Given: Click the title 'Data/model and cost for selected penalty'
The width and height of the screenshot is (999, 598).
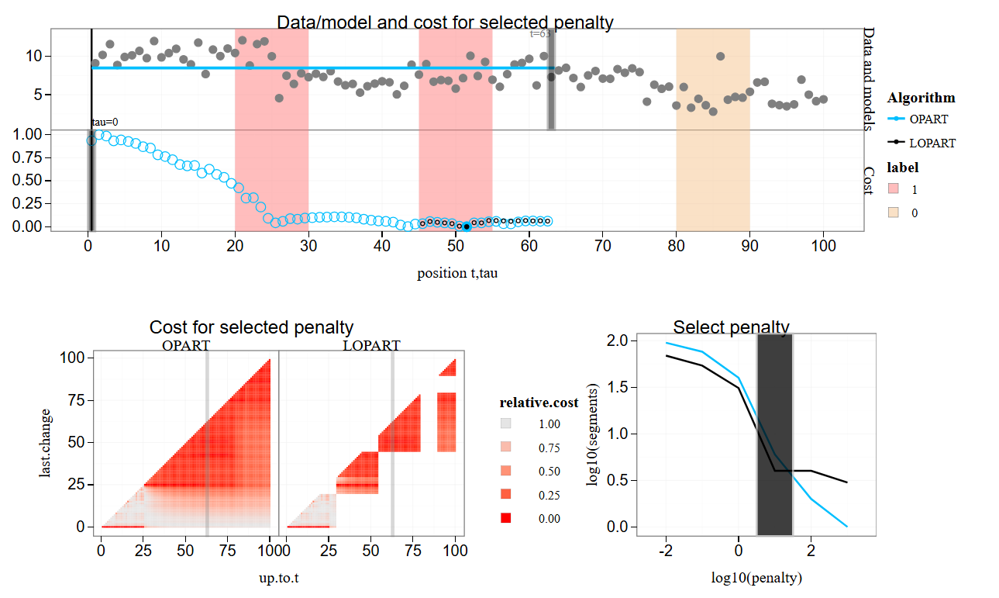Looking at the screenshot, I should pyautogui.click(x=445, y=22).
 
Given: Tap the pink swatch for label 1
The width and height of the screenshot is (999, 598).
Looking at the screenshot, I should pyautogui.click(x=893, y=189).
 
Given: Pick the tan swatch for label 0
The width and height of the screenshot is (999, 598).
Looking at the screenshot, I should pyautogui.click(x=893, y=213).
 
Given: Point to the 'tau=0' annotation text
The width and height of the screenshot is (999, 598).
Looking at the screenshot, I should pyautogui.click(x=105, y=122).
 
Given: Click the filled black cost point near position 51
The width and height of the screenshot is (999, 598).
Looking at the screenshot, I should pyautogui.click(x=467, y=226).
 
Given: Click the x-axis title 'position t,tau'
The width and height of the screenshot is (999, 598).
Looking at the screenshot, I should pyautogui.click(x=457, y=273).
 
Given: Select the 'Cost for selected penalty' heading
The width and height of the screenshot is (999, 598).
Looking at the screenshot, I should pyautogui.click(x=251, y=327).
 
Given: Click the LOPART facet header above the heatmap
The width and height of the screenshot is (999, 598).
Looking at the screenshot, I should pyautogui.click(x=371, y=345).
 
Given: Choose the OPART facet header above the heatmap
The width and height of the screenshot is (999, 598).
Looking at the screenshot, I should pyautogui.click(x=186, y=345).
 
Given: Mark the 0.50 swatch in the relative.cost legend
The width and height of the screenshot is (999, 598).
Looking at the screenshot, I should pyautogui.click(x=505, y=472).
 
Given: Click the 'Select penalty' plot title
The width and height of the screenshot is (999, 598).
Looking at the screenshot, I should pyautogui.click(x=731, y=327).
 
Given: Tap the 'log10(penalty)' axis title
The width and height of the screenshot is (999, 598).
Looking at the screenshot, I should pyautogui.click(x=756, y=578).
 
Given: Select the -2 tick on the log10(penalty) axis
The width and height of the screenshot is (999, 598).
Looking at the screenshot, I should pyautogui.click(x=666, y=551).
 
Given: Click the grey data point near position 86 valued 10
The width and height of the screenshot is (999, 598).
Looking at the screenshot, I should pyautogui.click(x=721, y=56).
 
